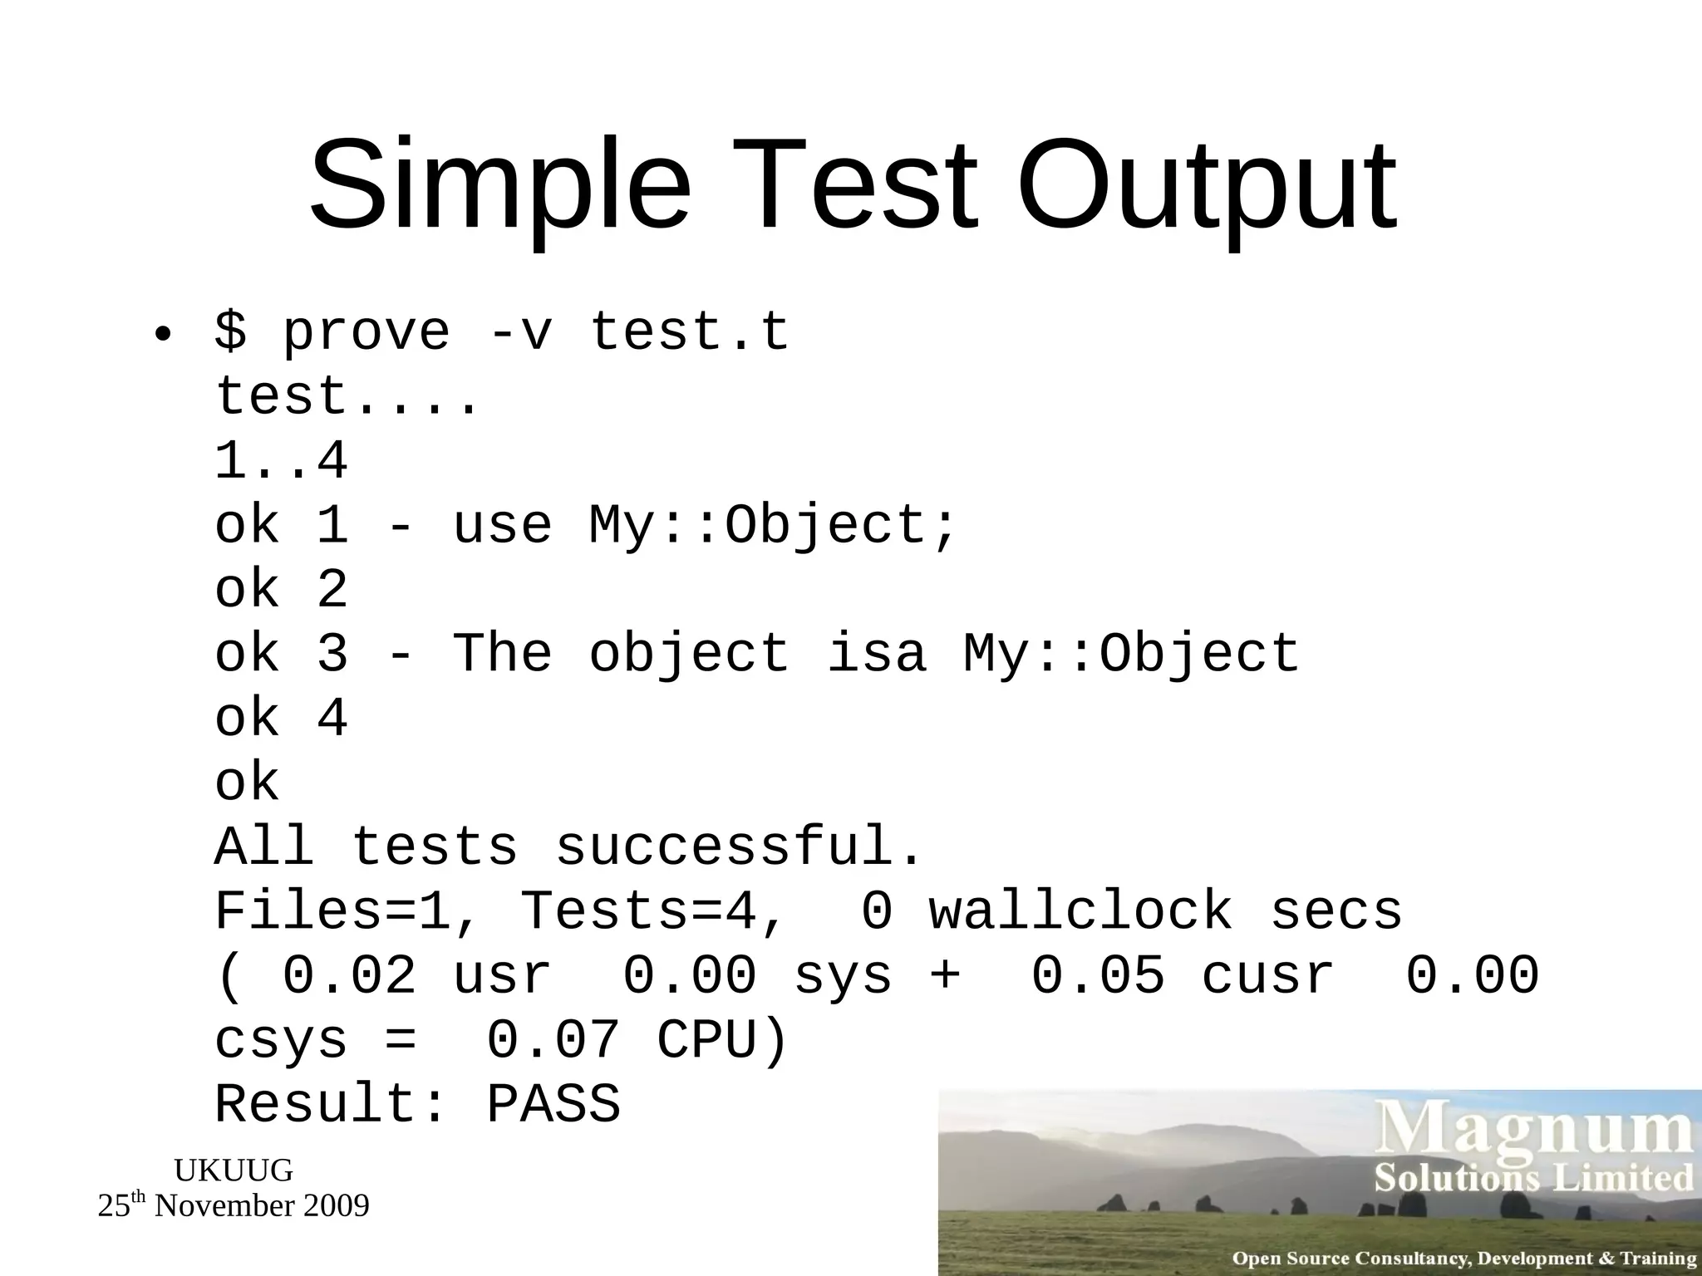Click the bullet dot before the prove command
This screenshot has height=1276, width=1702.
[163, 336]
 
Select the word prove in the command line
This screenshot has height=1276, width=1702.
[366, 332]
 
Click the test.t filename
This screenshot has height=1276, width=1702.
[689, 332]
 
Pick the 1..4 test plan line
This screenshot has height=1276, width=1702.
[280, 461]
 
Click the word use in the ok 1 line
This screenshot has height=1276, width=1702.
[502, 525]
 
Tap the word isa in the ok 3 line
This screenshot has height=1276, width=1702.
[876, 654]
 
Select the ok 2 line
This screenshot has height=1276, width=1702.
[280, 590]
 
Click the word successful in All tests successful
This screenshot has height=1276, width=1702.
[738, 847]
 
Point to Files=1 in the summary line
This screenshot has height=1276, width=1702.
[332, 911]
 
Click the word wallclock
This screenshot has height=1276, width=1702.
[1080, 911]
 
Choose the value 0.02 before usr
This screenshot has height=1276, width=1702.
[349, 975]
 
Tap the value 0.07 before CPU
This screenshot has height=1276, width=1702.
[553, 1040]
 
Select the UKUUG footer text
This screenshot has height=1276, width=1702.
[233, 1170]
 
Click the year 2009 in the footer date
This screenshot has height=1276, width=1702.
[336, 1205]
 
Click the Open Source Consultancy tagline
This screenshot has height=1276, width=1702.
[1463, 1259]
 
